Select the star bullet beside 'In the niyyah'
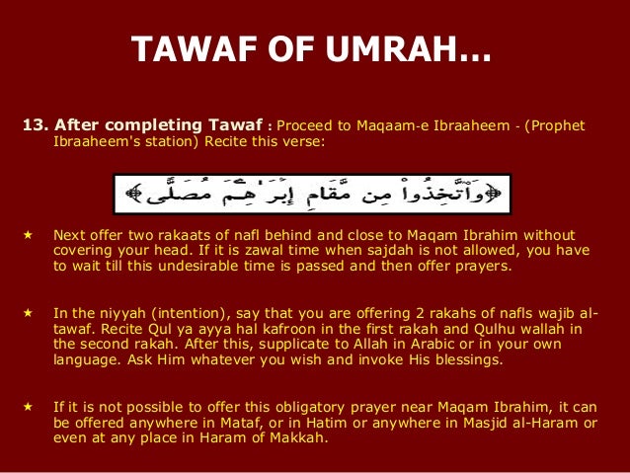[28, 316]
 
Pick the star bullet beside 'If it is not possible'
[28, 407]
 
